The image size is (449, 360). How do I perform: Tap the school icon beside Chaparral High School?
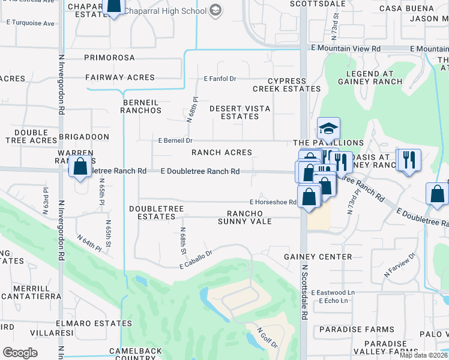point(215,10)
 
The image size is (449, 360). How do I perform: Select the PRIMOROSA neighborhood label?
point(110,58)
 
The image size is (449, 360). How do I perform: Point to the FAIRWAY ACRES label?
point(119,77)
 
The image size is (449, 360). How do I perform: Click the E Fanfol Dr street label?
point(220,79)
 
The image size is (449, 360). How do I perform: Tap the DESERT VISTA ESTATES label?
point(240,112)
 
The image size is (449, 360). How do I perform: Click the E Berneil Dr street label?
point(175,140)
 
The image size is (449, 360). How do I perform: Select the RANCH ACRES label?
point(221,152)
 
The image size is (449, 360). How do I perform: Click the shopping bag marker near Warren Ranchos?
point(80,166)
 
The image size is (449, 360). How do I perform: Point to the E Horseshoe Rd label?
point(274,203)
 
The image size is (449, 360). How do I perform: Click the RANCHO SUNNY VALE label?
point(249,217)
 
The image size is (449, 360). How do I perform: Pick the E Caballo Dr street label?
point(196,259)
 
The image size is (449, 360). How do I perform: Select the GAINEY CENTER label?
point(318,257)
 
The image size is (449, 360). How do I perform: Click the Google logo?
point(20,353)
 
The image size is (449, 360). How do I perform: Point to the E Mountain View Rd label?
point(345,48)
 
